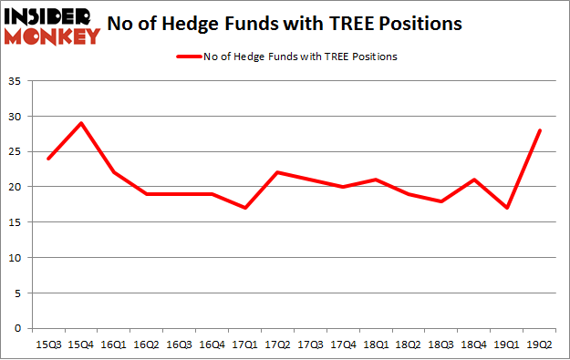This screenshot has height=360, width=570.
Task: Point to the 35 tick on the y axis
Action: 16,82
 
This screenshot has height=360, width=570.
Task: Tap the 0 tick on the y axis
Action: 19,328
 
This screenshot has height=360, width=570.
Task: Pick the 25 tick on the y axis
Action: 16,152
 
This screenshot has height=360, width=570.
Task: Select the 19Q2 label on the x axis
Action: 539,345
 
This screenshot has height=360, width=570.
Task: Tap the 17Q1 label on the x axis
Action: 244,345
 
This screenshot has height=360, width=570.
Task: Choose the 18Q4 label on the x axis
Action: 473,345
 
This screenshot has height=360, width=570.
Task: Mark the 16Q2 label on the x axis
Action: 146,345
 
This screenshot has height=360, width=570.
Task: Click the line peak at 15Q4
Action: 80,124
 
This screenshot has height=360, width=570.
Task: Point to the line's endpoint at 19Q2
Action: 539,130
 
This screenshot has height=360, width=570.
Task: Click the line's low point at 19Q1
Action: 506,208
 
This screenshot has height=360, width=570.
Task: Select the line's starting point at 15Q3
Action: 47,159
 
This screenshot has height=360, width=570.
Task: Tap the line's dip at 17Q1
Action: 244,208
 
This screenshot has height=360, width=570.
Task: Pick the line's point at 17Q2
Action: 276,173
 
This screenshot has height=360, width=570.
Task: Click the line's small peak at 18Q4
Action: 473,180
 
